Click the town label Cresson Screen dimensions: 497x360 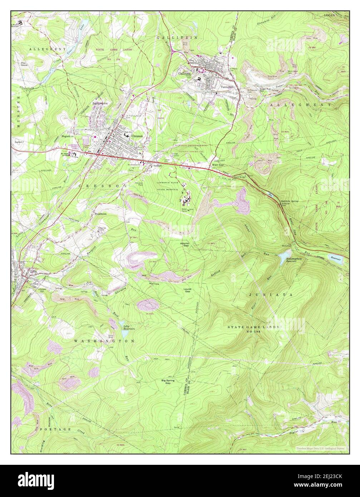137,136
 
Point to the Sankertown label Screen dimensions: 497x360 100,103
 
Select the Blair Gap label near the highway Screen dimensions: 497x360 217,165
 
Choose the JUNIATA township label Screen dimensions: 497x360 271,295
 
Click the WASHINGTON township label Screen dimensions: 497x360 104,341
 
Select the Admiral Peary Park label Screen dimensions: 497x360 75,147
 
